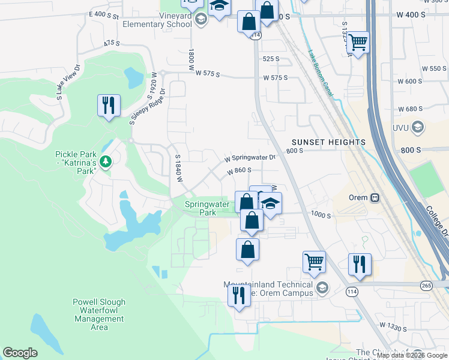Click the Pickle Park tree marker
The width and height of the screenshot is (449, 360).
106,161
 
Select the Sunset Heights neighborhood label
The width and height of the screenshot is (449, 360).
328,142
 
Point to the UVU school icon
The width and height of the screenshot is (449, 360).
418,127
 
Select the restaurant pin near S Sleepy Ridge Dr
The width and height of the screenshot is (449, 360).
109,106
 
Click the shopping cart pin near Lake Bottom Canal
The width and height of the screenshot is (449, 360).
358,43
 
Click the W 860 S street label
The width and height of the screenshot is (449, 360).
239,171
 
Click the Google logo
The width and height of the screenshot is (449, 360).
20,353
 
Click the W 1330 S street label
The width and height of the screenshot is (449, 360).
393,327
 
